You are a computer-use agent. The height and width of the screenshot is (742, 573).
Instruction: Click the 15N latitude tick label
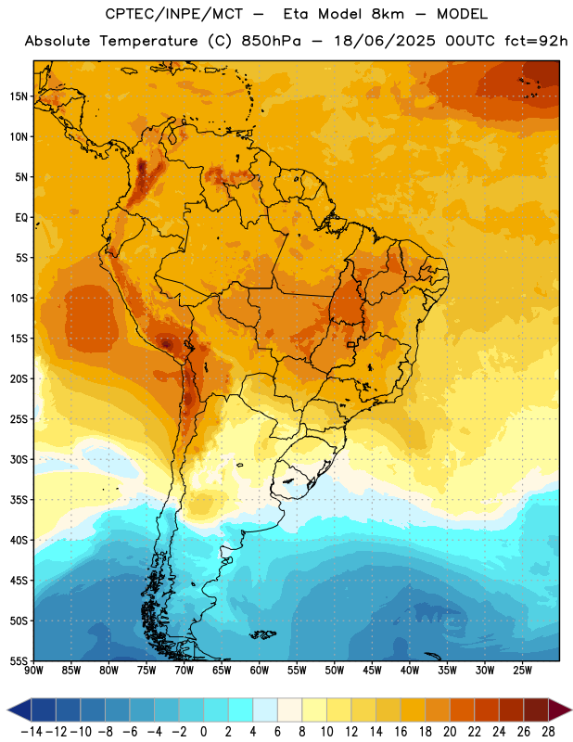[x=19, y=96]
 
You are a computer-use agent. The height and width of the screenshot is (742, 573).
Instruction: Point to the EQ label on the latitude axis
[x=21, y=218]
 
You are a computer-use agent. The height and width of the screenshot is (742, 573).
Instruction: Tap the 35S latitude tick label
[x=19, y=500]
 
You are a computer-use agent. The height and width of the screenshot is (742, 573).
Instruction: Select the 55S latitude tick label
[x=19, y=660]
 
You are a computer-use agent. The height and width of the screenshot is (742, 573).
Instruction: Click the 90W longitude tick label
[x=33, y=671]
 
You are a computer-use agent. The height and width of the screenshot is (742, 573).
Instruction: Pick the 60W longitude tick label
[x=260, y=671]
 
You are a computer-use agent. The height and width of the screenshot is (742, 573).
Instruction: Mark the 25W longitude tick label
[x=522, y=671]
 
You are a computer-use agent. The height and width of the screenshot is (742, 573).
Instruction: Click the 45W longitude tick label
[x=372, y=671]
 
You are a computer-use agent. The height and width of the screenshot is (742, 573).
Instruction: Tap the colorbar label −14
[x=32, y=732]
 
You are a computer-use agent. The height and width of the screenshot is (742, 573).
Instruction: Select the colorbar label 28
[x=548, y=732]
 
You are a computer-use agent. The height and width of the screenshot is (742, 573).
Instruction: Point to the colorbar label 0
[x=203, y=732]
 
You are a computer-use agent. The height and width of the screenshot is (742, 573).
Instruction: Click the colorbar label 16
[x=401, y=732]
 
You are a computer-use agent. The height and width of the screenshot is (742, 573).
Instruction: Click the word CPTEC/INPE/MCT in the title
[x=173, y=14]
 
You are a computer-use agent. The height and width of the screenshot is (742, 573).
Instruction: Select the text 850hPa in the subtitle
[x=271, y=41]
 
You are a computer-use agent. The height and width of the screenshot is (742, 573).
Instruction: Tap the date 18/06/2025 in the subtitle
[x=385, y=41]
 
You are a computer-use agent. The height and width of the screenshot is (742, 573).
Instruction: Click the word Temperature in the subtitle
[x=148, y=41]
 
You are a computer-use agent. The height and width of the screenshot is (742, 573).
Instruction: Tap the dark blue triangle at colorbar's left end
[x=19, y=710]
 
